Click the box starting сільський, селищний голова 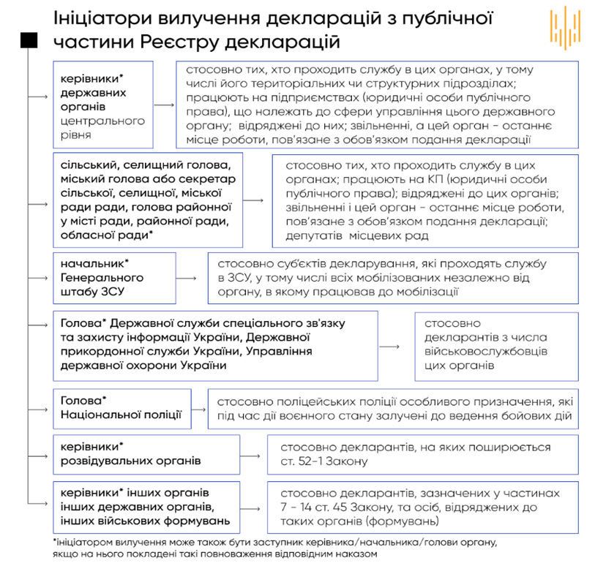point(147,200)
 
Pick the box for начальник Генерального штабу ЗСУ point(114,278)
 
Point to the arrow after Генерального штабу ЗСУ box point(188,279)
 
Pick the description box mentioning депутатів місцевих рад point(423,199)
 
